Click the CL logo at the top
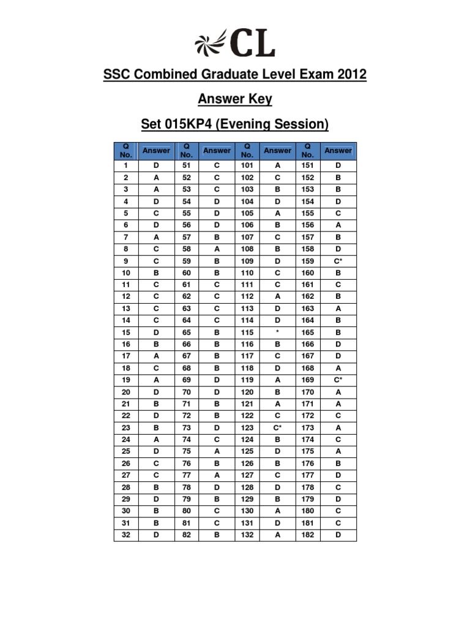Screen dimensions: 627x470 point(235,43)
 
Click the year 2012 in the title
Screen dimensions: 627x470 point(349,75)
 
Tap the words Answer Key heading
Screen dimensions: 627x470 point(235,99)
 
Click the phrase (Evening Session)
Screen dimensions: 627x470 point(278,125)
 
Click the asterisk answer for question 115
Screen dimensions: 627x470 point(277,332)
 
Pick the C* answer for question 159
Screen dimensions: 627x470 point(338,261)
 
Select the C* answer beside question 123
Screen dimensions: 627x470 point(277,427)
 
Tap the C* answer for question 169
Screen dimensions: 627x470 point(338,380)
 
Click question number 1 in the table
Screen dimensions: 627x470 point(126,165)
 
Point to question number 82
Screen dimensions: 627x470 point(187,535)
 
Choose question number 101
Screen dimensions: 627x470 point(247,165)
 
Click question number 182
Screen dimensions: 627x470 point(307,535)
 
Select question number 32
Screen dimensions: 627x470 point(126,535)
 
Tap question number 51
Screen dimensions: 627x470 point(187,165)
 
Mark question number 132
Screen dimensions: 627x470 point(247,535)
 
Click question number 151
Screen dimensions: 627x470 point(307,165)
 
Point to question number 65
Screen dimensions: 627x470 point(187,332)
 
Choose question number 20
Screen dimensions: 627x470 point(126,392)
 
